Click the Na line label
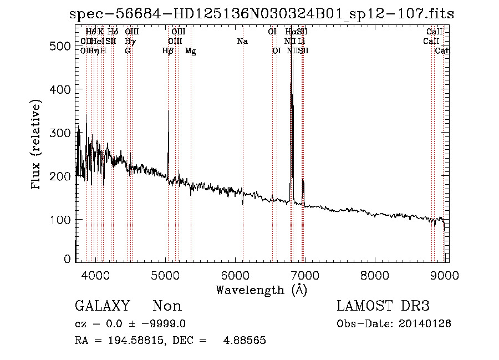(242, 42)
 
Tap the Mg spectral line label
(191, 51)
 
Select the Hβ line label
(168, 51)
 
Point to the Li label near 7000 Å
(301, 42)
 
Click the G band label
(128, 51)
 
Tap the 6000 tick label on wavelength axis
(235, 275)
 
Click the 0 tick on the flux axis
(67, 259)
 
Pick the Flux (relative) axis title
(37, 146)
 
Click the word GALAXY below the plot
(102, 306)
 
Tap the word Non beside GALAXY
(167, 306)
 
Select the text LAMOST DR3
(383, 306)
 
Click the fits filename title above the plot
(262, 14)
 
